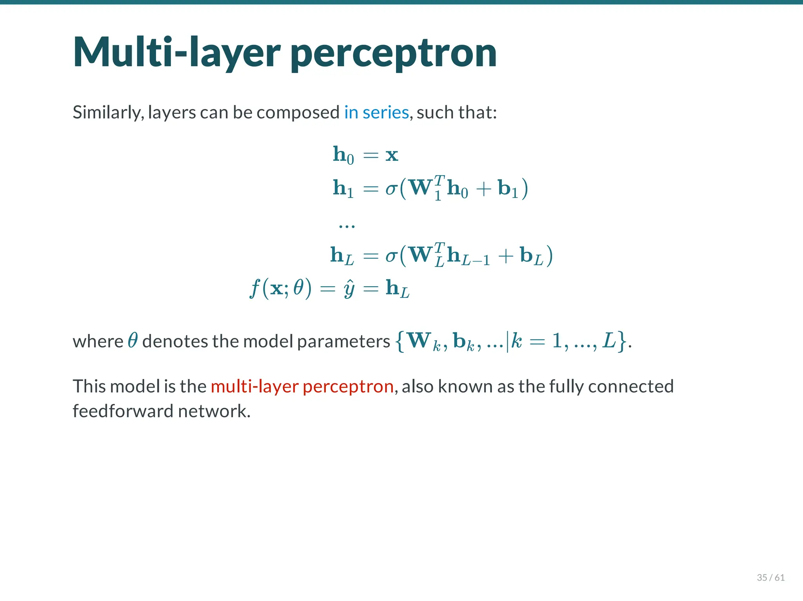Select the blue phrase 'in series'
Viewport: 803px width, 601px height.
376,113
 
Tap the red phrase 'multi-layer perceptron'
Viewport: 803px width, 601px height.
302,387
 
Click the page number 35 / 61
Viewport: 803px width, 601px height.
770,577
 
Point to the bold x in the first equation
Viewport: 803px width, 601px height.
392,155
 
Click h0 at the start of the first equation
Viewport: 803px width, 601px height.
343,155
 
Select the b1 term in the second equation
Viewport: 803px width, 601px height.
508,189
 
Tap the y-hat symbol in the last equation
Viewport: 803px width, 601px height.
349,289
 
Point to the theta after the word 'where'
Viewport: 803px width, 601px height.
133,340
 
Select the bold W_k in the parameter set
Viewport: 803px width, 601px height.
423,341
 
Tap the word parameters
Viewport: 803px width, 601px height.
343,341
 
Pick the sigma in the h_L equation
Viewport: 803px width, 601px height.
391,256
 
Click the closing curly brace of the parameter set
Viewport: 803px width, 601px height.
621,341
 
